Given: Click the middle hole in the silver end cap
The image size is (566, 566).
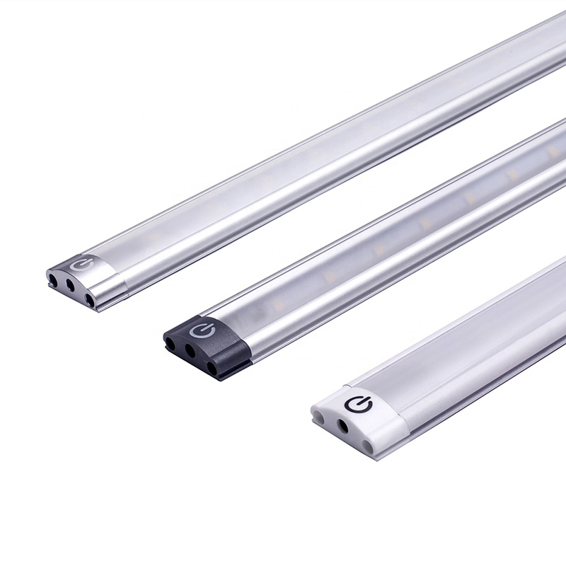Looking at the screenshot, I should click(x=70, y=286).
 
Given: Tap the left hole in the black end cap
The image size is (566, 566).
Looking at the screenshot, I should click(x=171, y=345).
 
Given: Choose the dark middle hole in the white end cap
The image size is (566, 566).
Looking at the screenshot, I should click(x=343, y=426).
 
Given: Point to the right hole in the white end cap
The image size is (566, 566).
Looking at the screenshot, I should click(x=367, y=444).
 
